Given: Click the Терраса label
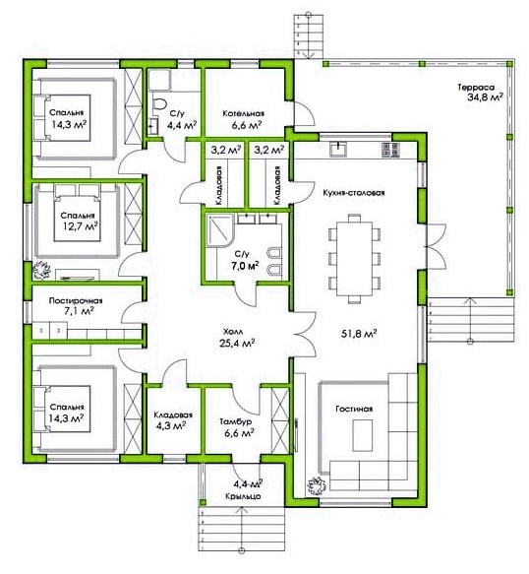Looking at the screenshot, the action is point(476,88).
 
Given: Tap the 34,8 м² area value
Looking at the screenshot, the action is point(485,97).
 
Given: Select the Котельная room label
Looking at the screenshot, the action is point(244,113).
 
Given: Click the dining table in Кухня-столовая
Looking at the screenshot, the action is point(354,259).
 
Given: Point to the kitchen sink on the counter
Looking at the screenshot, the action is point(338,149).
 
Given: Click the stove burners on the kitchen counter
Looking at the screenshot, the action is point(390,150).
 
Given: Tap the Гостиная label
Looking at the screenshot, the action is point(354,409).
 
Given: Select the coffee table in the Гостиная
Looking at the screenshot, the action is point(362,435).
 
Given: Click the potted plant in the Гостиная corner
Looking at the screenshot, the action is point(317,486).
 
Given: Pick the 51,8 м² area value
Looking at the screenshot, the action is point(359,334).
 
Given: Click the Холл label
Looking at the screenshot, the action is point(233,332).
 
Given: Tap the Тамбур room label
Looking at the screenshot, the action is point(235,421).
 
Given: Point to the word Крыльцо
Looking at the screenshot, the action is point(243,496).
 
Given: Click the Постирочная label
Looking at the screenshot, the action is point(76,301).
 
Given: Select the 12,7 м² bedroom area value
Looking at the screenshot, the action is point(80,226).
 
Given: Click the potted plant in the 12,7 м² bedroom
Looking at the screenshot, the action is point(41,271).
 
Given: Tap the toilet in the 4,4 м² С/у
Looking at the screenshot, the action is point(158,104).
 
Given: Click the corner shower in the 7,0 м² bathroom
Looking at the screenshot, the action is point(219,230).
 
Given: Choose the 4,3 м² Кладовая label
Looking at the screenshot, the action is point(173,420).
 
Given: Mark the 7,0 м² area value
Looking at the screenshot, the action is point(245,266).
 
